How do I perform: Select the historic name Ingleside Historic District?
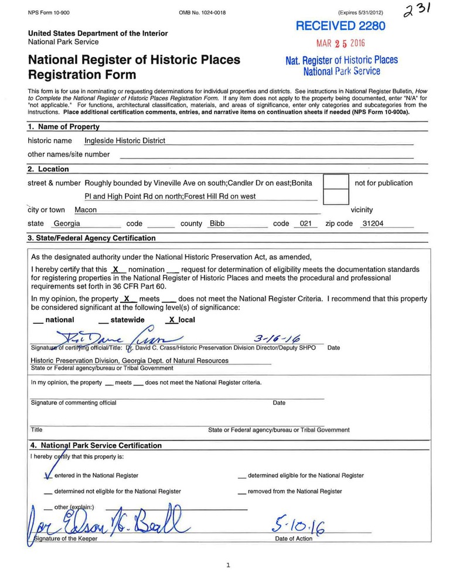(125, 141)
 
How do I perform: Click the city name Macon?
(86, 210)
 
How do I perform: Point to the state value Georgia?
(66, 223)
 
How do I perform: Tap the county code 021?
(305, 223)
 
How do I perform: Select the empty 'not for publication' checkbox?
(336, 182)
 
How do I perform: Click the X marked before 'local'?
(171, 320)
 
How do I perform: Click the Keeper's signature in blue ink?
(105, 521)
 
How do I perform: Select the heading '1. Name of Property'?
(64, 127)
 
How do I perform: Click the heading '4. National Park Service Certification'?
(96, 445)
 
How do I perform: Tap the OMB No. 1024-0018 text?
(202, 12)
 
